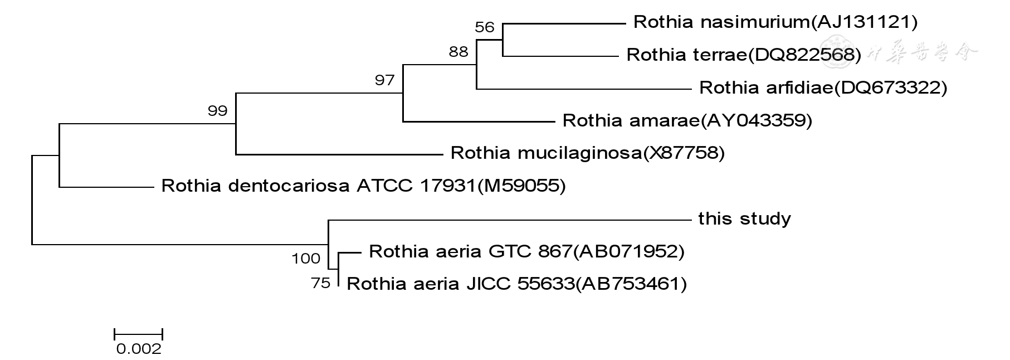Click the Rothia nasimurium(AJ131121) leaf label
click(x=775, y=22)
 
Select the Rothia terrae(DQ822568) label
click(x=743, y=55)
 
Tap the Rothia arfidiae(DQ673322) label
click(x=823, y=88)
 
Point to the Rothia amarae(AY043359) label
click(x=687, y=121)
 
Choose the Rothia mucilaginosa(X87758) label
click(x=587, y=153)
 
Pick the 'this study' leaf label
click(x=744, y=219)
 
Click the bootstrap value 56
click(x=485, y=27)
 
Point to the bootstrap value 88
click(x=458, y=52)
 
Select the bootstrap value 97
click(x=384, y=81)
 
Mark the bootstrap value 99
click(x=217, y=111)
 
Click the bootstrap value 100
click(x=306, y=259)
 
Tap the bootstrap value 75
click(x=321, y=284)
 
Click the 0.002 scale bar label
click(x=139, y=349)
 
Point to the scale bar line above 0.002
click(x=138, y=334)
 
